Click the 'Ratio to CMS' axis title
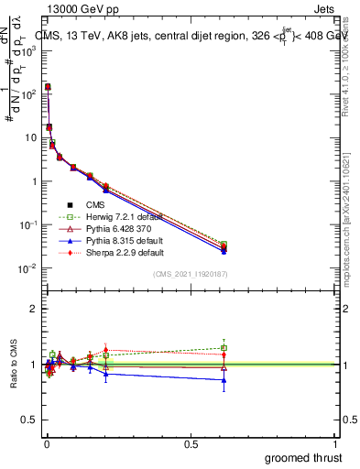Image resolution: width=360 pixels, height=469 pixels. tap(14, 364)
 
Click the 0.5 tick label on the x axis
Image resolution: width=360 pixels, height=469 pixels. tap(191, 442)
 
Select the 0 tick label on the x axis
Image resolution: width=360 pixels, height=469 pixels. tap(46, 442)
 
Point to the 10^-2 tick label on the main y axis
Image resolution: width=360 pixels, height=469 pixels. tap(26, 268)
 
